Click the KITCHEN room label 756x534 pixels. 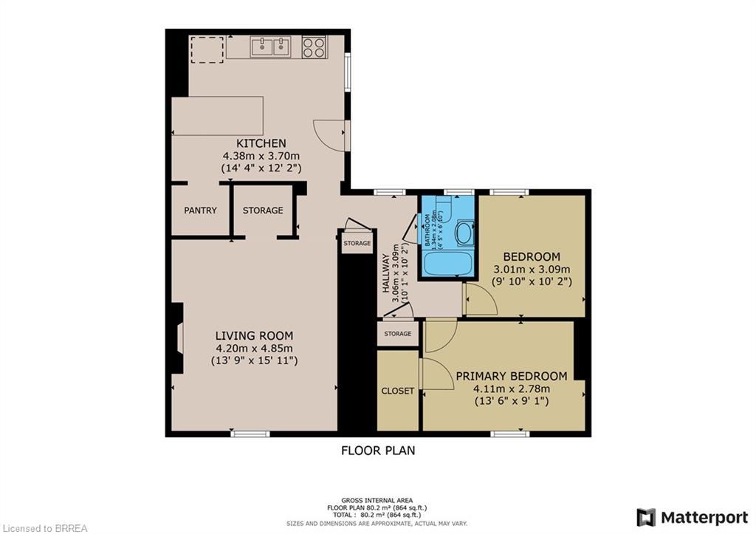coord(261,143)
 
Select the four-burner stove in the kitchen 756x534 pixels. coord(314,47)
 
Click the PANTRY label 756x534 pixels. coord(200,210)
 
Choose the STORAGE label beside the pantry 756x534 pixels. coord(263,210)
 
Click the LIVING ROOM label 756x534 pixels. coord(254,335)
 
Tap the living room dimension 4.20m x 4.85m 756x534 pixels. coord(254,348)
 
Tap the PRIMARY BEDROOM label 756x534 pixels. coord(511,375)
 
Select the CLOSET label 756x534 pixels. coord(398,391)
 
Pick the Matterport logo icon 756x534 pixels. coord(646,517)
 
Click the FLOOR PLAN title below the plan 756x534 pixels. coord(377,450)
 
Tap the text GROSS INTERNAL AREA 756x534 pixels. coord(377,500)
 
